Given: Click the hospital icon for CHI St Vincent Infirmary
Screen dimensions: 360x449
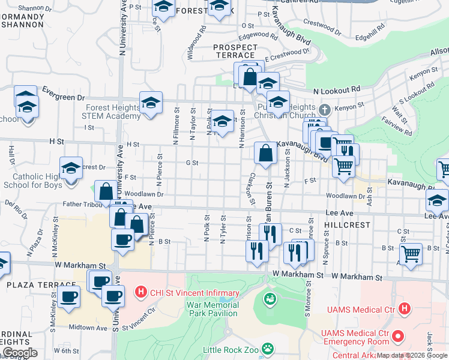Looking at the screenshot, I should tap(140, 293).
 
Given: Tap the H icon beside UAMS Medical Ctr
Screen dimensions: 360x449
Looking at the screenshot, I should tap(405, 309).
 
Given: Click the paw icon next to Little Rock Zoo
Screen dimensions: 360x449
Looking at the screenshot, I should tap(270, 348).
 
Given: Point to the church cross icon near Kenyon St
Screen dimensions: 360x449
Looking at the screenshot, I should tap(325, 110).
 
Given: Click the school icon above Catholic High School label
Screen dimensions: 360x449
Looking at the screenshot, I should tap(71, 167).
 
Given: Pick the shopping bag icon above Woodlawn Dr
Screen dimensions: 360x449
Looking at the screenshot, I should tap(106, 191).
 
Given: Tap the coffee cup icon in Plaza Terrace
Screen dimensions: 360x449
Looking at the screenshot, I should tap(68, 295).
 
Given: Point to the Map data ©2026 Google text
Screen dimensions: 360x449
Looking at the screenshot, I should tap(411, 355).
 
